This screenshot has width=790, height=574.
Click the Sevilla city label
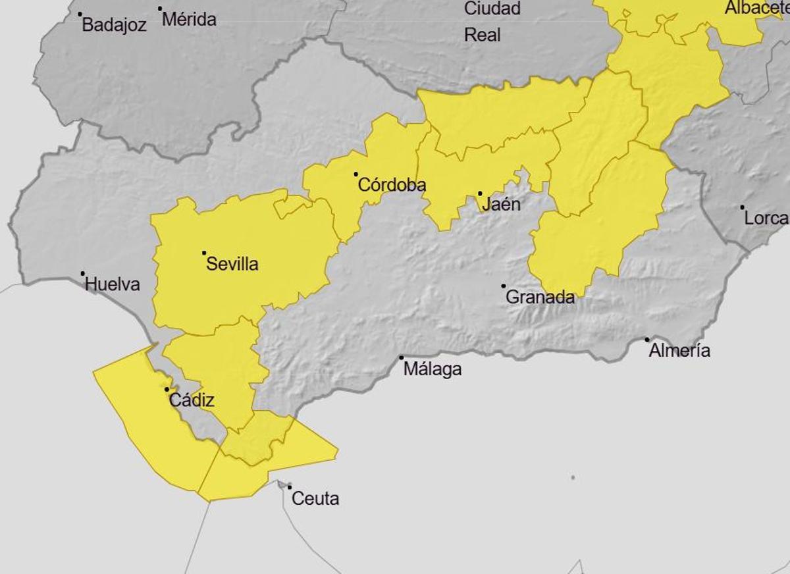pos(232,265)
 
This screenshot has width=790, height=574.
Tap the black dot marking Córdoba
pos(356,174)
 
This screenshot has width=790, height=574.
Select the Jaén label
pos(501,205)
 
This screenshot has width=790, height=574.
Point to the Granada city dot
pos(504,286)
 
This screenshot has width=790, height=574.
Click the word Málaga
pos(433,370)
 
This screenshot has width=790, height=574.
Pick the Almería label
pos(679,351)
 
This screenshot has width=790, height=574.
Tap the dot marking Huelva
pos(83,274)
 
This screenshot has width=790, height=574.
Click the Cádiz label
pos(192,400)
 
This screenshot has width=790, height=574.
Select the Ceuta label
pos(315,499)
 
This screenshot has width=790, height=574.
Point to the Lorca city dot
pos(743,207)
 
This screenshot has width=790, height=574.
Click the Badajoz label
pos(114,26)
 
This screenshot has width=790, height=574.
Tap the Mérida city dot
pos(160,9)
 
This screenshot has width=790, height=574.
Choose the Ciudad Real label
pos(492,21)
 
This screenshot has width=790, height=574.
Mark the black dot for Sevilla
pos(204,253)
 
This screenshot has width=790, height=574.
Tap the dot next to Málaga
pos(402,357)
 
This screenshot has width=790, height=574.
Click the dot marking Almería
pos(647,340)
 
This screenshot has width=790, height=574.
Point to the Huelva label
pos(113,285)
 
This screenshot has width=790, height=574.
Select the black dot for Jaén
pos(480,194)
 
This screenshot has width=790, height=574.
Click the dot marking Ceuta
pos(289,487)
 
